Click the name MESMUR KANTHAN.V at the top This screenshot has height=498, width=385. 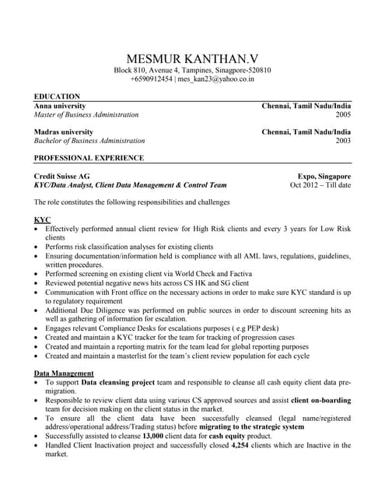point(192,58)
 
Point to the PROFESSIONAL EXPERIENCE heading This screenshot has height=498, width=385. point(89,158)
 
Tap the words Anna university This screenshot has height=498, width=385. point(60,105)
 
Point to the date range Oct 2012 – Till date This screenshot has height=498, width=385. point(320,185)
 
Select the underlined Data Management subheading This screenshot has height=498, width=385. point(65,373)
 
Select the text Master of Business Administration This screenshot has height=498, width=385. point(86,114)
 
